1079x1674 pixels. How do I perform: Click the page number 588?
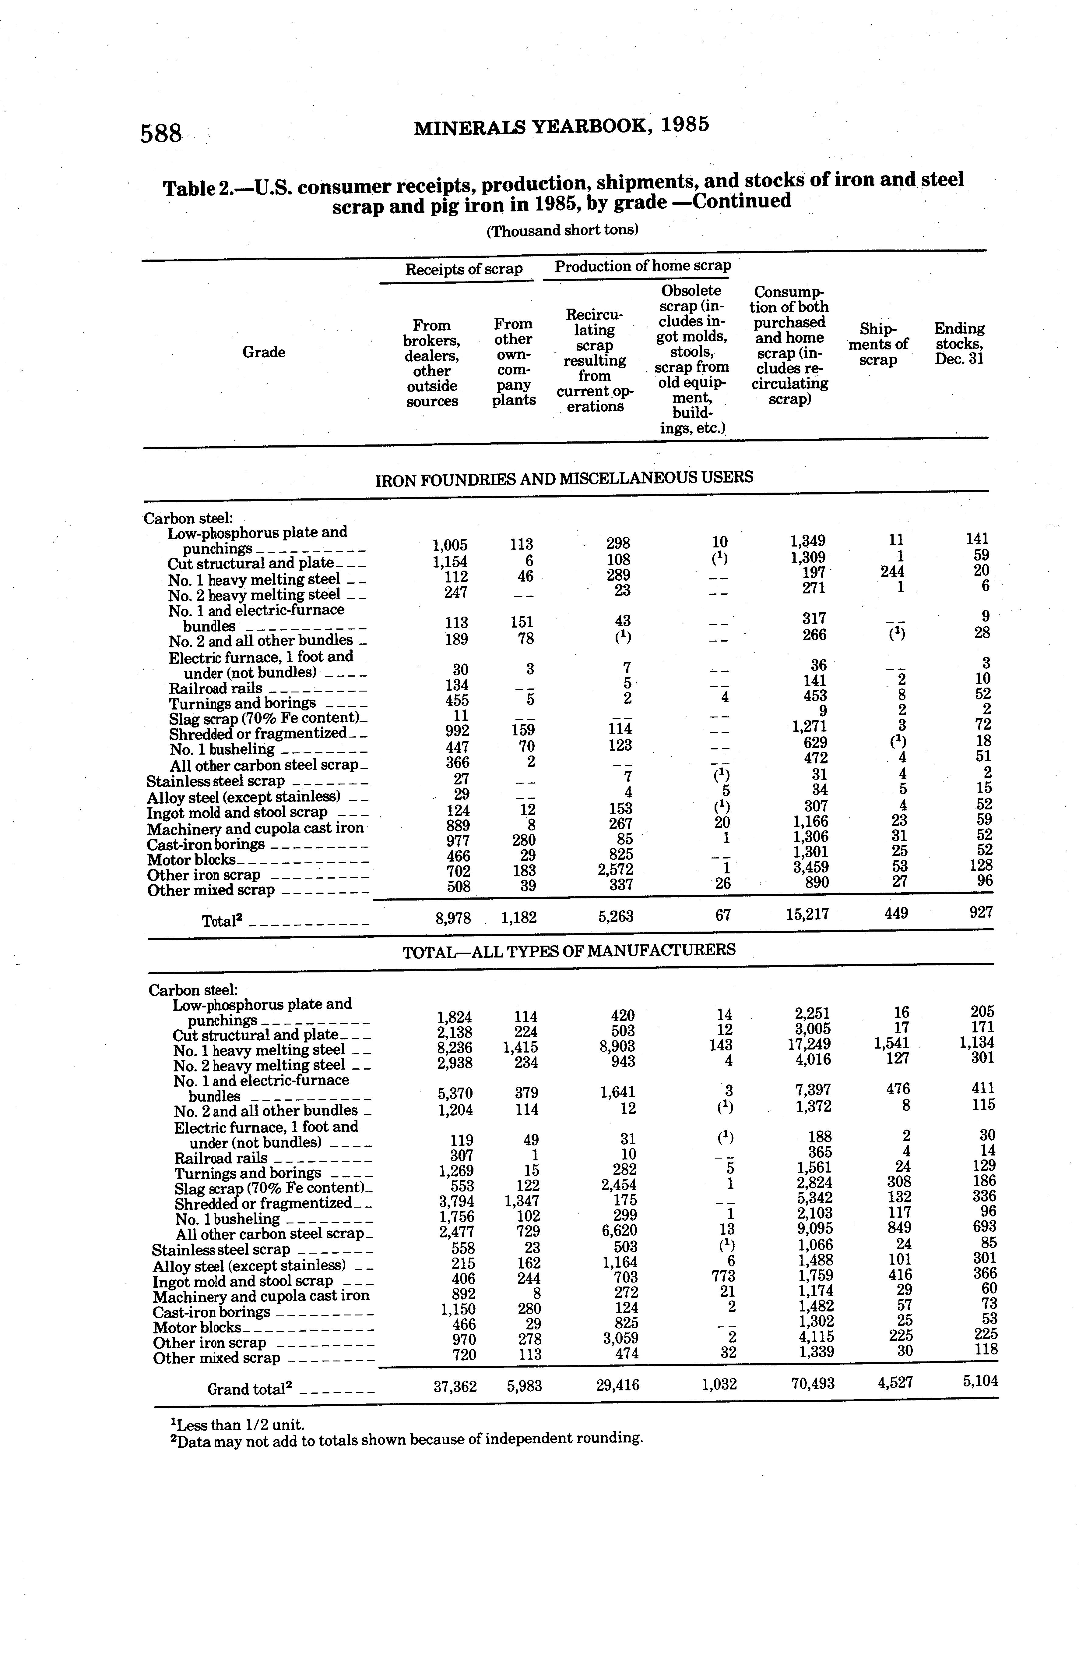click(161, 133)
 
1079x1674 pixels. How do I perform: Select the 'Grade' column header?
click(263, 352)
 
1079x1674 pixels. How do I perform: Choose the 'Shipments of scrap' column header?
click(878, 344)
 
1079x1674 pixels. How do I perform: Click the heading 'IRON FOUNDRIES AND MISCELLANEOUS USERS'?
click(564, 479)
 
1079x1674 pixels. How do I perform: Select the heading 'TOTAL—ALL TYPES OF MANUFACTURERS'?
click(569, 950)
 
